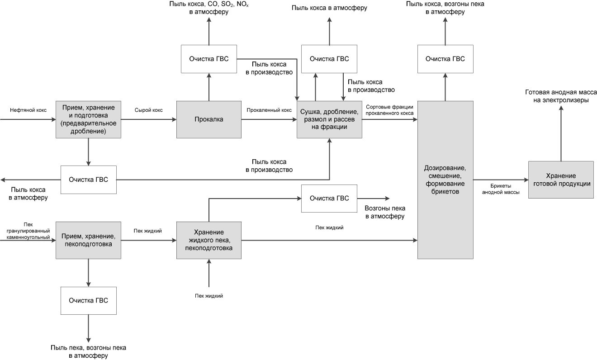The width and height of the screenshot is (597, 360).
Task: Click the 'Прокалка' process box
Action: coord(208,119)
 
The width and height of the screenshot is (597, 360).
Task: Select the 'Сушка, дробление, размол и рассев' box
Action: coord(329,119)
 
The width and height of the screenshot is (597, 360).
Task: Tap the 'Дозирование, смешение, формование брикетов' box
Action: coord(445,180)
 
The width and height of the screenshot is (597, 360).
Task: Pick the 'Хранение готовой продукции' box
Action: coord(561,180)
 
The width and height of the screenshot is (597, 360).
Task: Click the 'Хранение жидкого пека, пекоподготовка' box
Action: coord(208,240)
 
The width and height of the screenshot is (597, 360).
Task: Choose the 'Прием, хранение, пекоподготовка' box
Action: coord(88,240)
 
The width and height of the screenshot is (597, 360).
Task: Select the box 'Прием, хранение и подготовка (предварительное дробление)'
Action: coord(88,119)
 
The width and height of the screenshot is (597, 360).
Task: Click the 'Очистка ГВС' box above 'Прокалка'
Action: coord(208,59)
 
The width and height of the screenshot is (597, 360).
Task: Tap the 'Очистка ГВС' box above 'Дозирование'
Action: coord(445,59)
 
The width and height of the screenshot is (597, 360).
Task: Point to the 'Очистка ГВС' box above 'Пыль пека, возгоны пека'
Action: coord(89,301)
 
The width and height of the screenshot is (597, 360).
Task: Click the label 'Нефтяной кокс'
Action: coord(28,110)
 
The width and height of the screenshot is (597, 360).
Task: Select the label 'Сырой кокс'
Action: coord(148,110)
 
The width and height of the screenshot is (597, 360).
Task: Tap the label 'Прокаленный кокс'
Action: coord(269,110)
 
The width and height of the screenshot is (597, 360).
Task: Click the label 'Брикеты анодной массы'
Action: coord(501,189)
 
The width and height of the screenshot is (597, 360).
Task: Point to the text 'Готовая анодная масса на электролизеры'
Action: coord(561,96)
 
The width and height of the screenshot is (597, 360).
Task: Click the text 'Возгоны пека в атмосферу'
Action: coord(385,212)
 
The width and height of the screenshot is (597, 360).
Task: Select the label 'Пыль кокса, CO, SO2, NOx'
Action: coord(209,5)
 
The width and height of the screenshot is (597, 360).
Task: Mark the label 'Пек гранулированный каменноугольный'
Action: coord(28,231)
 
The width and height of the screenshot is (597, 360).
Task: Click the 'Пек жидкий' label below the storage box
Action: coord(208,296)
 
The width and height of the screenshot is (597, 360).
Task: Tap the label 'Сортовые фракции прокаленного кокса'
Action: coord(389,110)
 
